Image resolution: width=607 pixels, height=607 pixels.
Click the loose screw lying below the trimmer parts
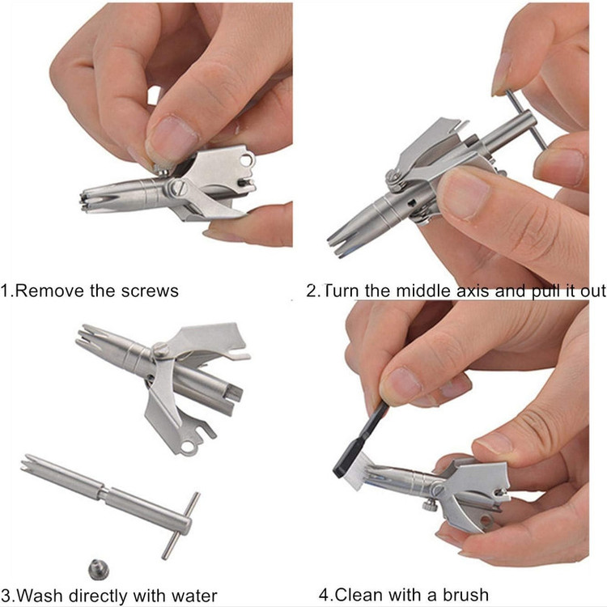[x=99, y=570]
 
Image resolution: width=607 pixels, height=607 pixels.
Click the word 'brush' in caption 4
[x=465, y=594]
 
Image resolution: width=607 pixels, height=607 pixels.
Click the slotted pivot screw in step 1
[x=177, y=188]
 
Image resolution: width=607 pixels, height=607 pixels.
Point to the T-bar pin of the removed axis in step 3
[x=180, y=525]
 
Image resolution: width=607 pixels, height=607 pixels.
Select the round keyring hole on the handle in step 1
[x=246, y=159]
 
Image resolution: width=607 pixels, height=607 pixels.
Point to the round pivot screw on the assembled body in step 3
[x=160, y=350]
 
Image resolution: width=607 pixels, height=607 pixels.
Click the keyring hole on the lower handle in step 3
[x=187, y=447]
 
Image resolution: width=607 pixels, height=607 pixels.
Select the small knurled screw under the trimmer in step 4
[x=430, y=504]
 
